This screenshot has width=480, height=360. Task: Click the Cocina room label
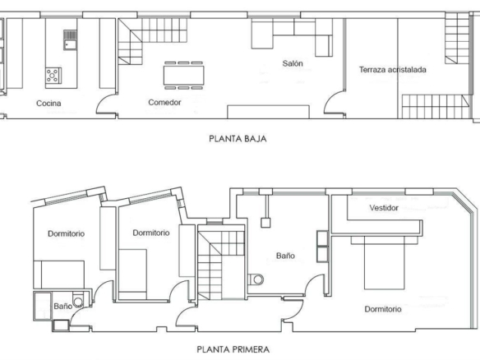pyautogui.click(x=48, y=104)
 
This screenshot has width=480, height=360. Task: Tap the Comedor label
pyautogui.click(x=164, y=102)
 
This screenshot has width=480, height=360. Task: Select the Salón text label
pyautogui.click(x=293, y=63)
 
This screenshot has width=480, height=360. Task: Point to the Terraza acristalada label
pyautogui.click(x=392, y=70)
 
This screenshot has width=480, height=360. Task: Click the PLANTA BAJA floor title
pyautogui.click(x=238, y=139)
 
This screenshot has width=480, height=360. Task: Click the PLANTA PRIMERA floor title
pyautogui.click(x=233, y=349)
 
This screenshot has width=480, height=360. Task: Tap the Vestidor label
pyautogui.click(x=384, y=208)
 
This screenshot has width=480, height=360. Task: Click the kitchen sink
pyautogui.click(x=70, y=40)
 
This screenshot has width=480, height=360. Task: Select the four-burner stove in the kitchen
pyautogui.click(x=53, y=76)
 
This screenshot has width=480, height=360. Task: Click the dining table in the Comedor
pyautogui.click(x=183, y=76)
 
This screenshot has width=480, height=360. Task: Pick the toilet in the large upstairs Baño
pyautogui.click(x=256, y=279)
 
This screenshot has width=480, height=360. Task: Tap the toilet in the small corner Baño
pyautogui.click(x=77, y=300)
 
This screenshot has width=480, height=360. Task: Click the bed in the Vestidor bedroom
pyautogui.click(x=385, y=263)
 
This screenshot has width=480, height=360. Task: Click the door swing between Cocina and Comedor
pyautogui.click(x=105, y=104)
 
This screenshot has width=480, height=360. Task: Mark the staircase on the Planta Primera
pyautogui.click(x=221, y=262)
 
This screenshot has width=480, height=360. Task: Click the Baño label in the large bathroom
pyautogui.click(x=285, y=256)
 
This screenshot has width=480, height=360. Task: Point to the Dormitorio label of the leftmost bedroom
pyautogui.click(x=66, y=233)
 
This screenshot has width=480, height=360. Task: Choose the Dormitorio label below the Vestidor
pyautogui.click(x=383, y=309)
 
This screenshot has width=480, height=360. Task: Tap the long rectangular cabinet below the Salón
pyautogui.click(x=268, y=112)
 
